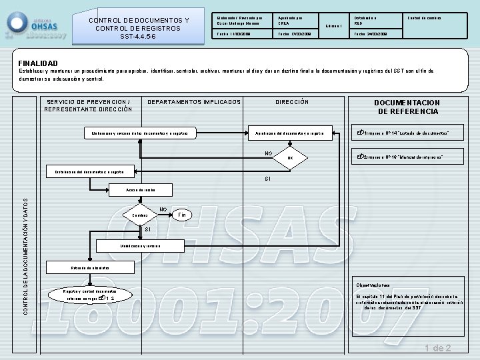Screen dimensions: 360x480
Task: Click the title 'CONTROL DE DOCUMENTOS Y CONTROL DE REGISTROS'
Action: point(139,29)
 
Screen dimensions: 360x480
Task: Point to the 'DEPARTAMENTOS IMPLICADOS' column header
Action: point(193,102)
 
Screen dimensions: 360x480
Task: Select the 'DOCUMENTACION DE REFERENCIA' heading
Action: point(406,107)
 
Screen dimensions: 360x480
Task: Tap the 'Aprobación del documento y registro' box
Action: point(291,133)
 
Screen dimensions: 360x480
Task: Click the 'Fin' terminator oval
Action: point(182,215)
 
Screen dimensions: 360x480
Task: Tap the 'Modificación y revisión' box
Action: point(140,246)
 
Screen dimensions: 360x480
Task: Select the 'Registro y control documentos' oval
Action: point(89,295)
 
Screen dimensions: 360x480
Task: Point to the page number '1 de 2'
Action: point(438,348)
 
